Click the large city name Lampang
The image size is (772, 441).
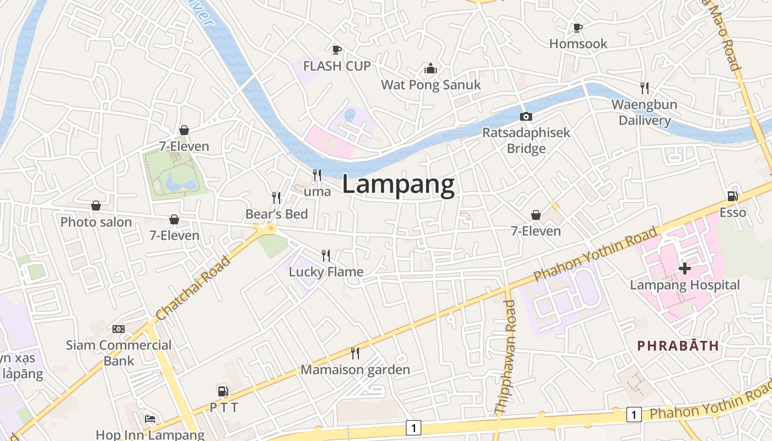398,185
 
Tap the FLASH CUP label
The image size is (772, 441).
337,66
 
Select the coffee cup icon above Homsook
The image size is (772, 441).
577,28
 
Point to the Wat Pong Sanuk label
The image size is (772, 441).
431,85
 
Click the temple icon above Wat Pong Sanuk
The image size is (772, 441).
431,69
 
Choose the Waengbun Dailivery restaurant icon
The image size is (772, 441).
644,88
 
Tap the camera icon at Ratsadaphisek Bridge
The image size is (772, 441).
526,116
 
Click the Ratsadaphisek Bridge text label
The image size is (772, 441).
526,141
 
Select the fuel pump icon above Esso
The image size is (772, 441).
733,196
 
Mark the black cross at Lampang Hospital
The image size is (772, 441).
684,268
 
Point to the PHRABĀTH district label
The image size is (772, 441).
678,346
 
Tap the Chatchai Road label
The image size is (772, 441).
193,288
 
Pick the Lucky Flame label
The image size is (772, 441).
326,272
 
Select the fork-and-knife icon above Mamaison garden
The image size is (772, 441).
355,353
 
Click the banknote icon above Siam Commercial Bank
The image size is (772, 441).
119,329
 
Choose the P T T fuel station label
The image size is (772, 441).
223,408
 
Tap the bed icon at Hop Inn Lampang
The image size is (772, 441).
149,418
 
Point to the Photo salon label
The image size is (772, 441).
96,222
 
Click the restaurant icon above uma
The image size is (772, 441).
317,175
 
